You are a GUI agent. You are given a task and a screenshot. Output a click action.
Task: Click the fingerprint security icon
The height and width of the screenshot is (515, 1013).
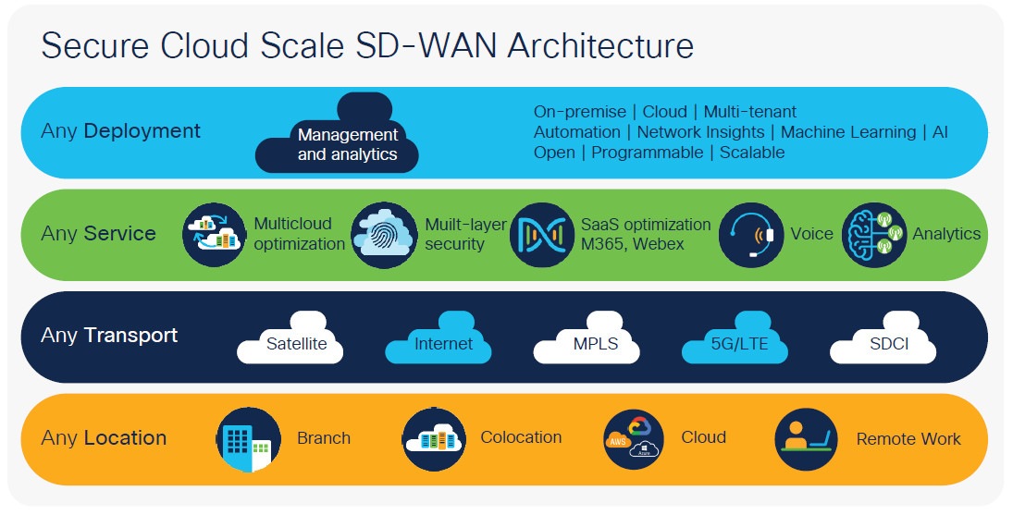(384, 235)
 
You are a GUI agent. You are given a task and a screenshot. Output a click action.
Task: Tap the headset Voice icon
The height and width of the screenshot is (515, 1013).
(751, 235)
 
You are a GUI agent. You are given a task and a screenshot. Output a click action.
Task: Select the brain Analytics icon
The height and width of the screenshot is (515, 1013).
(874, 235)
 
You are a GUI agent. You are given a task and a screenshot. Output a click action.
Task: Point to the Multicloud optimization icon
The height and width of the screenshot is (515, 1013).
(216, 235)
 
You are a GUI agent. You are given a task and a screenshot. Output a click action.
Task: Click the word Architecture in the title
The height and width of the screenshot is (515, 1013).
(593, 46)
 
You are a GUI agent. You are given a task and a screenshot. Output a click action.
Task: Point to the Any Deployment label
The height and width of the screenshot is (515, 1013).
(120, 131)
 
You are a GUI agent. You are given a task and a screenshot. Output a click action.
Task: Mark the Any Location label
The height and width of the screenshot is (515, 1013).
(104, 438)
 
